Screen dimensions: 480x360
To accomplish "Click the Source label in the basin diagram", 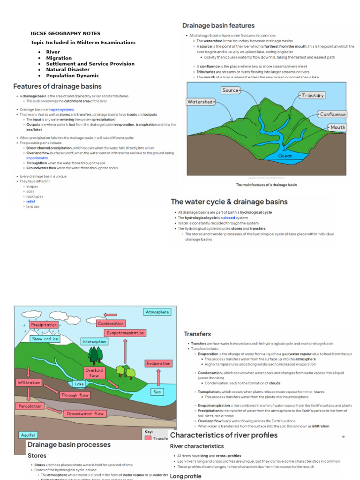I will click(x=230, y=90).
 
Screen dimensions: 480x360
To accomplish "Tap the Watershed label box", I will click(x=200, y=102).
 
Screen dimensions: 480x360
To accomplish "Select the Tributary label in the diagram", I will click(x=313, y=95).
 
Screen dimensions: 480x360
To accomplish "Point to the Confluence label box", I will click(x=332, y=114).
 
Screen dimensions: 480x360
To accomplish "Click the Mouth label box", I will click(x=337, y=127).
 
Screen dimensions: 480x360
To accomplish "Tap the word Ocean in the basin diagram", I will click(x=285, y=156).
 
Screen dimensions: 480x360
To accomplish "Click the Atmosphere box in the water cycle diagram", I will click(x=157, y=312).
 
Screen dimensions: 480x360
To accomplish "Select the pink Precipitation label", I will click(x=44, y=324).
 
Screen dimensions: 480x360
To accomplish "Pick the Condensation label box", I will click(x=111, y=323).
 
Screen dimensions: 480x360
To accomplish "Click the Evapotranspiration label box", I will click(x=125, y=333).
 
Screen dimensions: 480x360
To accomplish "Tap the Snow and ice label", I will click(x=45, y=338).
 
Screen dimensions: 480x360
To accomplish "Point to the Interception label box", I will click(x=94, y=341).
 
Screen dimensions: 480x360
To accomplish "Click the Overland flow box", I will click(x=94, y=373).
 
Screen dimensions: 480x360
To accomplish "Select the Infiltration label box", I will click(x=29, y=382).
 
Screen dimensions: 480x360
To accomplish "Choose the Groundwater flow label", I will click(x=85, y=414).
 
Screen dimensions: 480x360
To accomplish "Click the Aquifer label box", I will click(x=28, y=435).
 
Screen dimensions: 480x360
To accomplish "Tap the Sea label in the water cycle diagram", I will click(x=157, y=391).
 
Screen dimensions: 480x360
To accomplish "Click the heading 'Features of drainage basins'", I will click(x=57, y=86).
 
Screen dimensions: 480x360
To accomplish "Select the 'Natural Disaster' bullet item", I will click(x=67, y=69).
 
